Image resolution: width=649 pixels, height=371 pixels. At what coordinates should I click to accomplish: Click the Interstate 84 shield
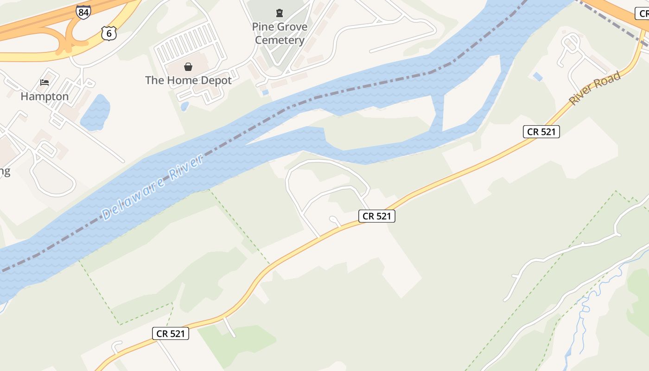coord(83,12)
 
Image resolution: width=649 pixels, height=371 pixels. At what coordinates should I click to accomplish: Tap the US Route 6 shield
coord(108,33)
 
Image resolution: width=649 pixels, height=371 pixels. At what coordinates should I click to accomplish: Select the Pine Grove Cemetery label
coord(280,33)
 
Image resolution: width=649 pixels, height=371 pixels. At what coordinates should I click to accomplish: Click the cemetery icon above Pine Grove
coord(280,13)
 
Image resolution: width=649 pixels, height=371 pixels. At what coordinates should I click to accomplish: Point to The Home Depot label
coord(188,80)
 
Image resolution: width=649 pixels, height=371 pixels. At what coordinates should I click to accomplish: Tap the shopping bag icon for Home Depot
coord(188,67)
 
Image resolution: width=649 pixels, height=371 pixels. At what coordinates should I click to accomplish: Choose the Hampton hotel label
coord(45,96)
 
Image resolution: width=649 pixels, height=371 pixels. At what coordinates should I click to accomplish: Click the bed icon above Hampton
coord(45,83)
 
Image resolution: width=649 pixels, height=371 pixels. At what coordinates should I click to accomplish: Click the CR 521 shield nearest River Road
coord(541,132)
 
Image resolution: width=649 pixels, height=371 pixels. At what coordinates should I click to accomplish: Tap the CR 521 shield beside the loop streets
coord(376,216)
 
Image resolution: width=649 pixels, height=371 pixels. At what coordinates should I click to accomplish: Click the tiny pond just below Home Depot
coord(185,107)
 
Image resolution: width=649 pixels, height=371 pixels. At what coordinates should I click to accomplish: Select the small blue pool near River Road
coord(538,77)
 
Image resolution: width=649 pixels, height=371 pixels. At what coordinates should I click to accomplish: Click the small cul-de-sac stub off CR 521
coord(335,220)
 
